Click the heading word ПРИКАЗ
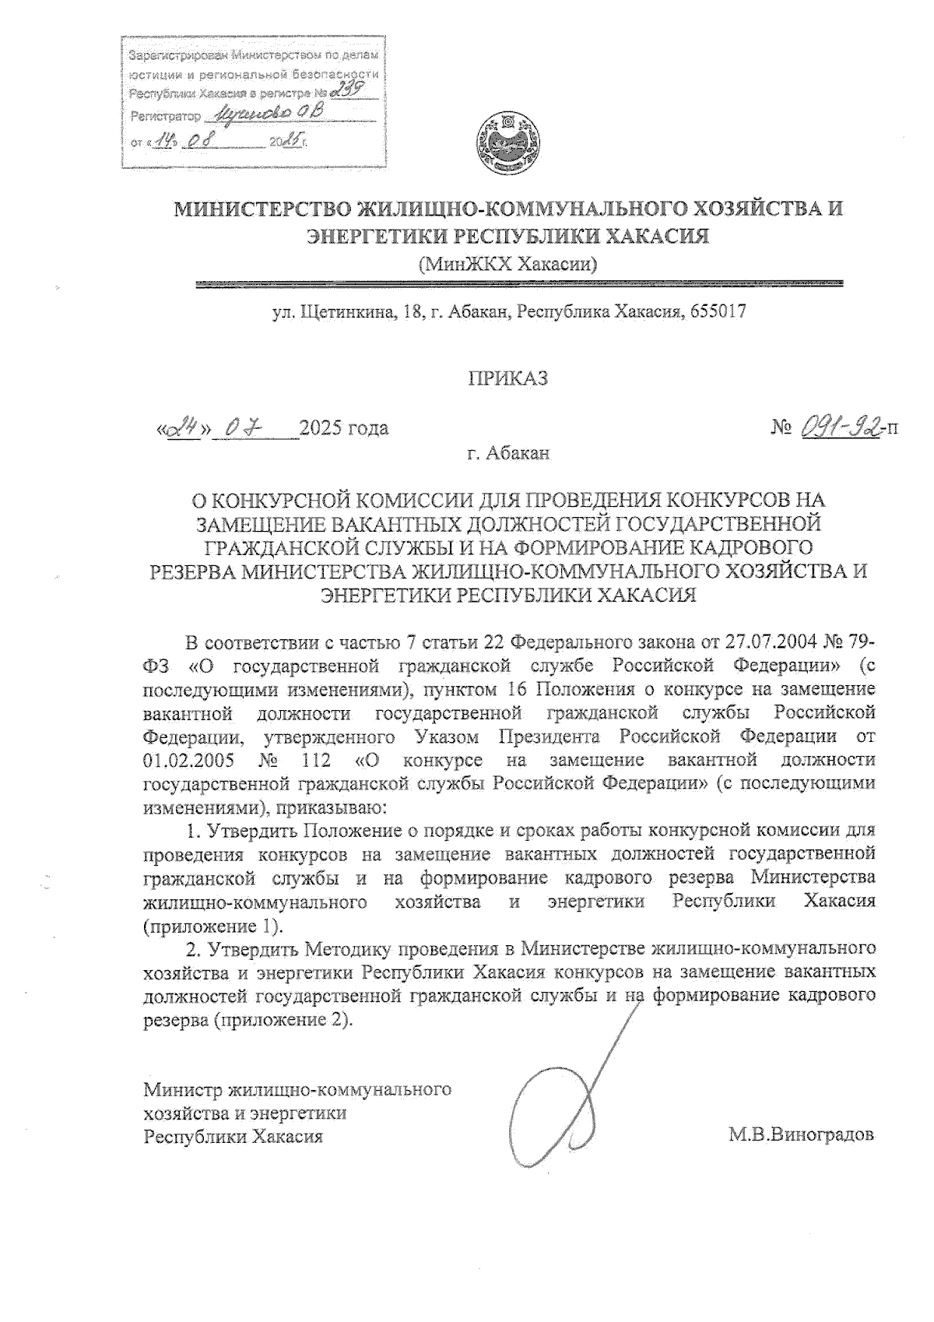508,379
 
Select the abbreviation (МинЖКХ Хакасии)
508,265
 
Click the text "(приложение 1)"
210,926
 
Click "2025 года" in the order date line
344,428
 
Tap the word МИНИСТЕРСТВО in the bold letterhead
261,209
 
